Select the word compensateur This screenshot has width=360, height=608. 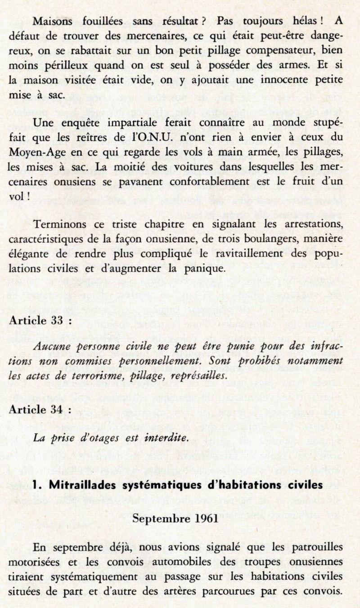pos(263,50)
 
